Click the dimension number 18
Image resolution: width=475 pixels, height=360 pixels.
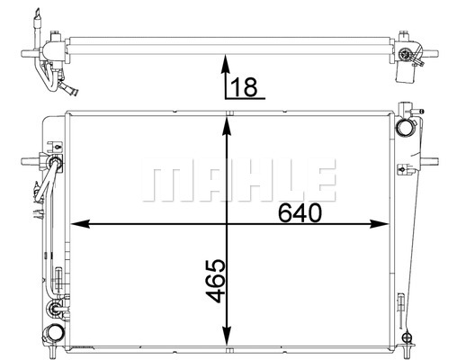click(244, 86)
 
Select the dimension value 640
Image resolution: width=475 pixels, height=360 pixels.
click(300, 212)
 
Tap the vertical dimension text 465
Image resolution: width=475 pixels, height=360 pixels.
click(215, 281)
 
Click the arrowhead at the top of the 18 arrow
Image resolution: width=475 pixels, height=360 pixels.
click(225, 64)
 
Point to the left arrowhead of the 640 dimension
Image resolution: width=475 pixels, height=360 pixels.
click(80, 224)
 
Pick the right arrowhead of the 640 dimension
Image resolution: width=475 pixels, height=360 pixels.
click(380, 224)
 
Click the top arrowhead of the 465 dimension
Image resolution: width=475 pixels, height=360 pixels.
click(227, 126)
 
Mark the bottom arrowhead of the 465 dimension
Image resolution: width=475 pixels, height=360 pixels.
click(227, 336)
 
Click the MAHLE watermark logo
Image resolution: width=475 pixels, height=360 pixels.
click(239, 179)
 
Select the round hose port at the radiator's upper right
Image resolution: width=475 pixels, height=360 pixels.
click(404, 127)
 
